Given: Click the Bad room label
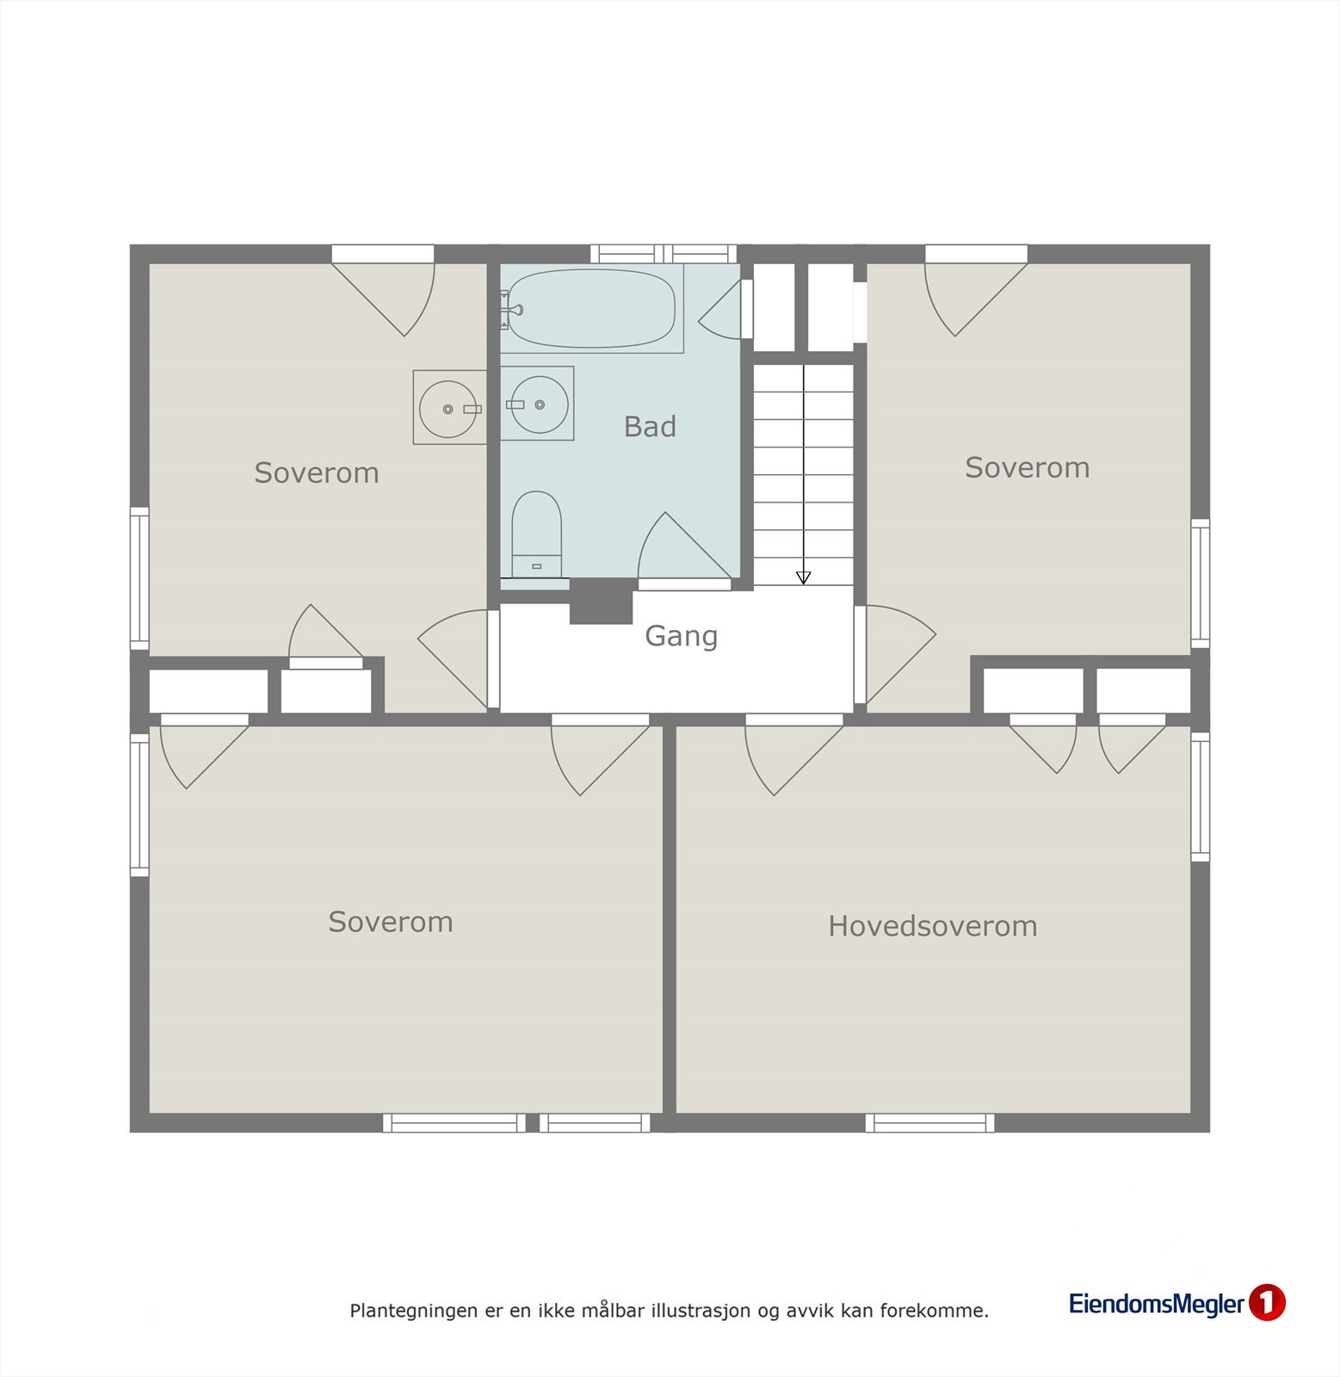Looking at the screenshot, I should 650,427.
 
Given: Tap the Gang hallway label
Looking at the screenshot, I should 681,636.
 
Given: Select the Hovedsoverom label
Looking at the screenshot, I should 932,926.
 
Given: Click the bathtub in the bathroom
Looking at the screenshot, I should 590,308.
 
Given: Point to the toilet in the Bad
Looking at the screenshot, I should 536,534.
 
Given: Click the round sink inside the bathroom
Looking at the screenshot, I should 539,404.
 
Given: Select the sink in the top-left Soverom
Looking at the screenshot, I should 448,409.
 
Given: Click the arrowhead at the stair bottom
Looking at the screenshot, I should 803,577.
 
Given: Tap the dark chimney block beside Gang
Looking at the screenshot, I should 601,602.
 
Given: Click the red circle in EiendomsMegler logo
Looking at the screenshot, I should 1266,1303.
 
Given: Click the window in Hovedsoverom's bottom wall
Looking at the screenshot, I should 929,1122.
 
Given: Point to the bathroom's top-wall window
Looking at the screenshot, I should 663,253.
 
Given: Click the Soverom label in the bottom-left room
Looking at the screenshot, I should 390,922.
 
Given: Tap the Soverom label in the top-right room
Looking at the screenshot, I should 1027,467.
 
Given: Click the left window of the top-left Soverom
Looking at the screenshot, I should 139,578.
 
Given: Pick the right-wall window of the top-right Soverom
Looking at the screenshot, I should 1200,584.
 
